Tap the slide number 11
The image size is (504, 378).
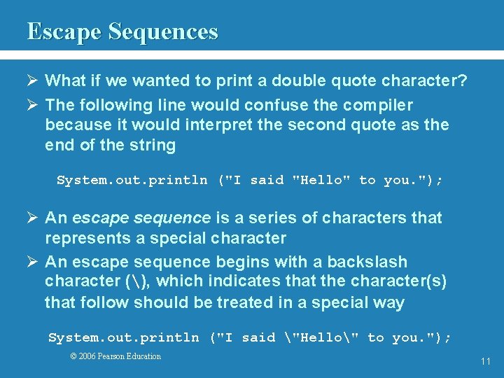[485, 362]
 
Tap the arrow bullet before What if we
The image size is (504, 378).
[32, 80]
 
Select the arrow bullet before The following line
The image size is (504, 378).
[32, 105]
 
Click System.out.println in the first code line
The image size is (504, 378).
[132, 181]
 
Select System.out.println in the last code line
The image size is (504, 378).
[123, 338]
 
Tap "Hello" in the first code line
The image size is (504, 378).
[321, 181]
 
